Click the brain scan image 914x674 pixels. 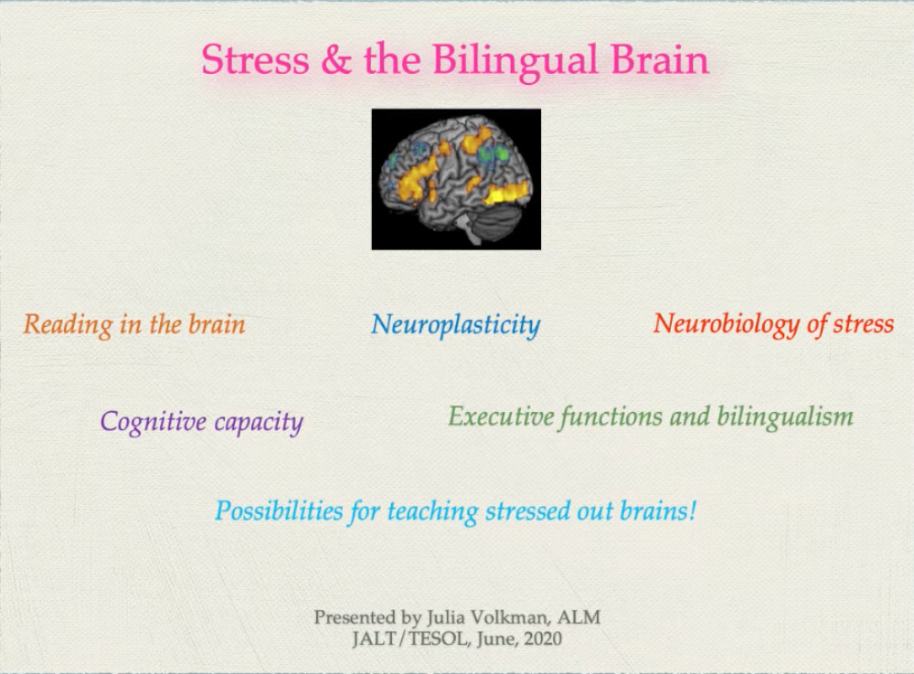coord(456,179)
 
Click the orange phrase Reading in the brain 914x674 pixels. coord(134,324)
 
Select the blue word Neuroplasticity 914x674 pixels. coord(455,325)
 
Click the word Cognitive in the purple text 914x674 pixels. coord(153,422)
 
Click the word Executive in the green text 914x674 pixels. coord(501,417)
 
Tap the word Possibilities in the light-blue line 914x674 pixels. coord(279,511)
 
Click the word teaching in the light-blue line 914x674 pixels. coord(432,511)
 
